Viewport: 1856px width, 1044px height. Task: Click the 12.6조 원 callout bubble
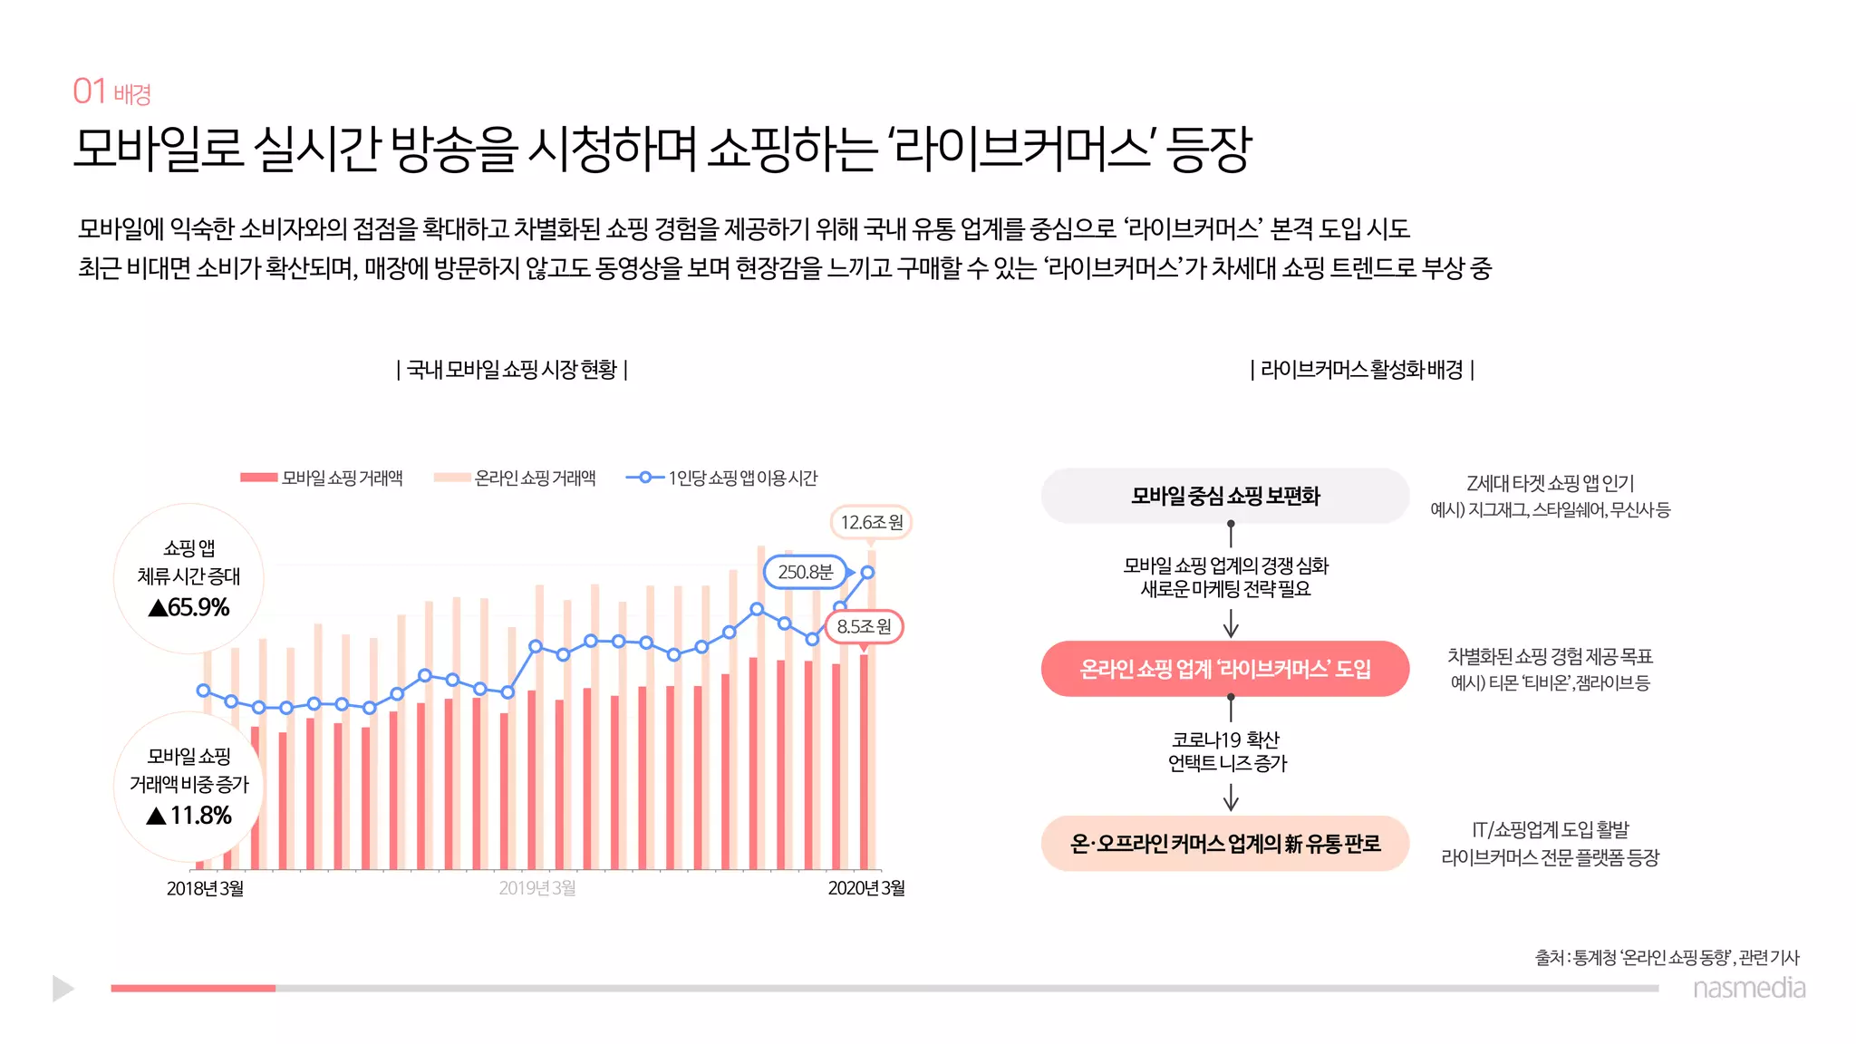tap(871, 522)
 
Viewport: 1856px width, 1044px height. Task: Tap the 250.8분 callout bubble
tap(805, 572)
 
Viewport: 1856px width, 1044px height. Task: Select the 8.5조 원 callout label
tap(864, 626)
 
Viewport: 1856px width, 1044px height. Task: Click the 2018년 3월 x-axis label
tap(205, 888)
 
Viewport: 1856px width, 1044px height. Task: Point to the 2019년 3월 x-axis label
tap(537, 888)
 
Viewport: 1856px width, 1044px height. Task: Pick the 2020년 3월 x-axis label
tap(866, 888)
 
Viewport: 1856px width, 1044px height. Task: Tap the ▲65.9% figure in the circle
tap(189, 607)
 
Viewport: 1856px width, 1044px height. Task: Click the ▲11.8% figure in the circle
tap(189, 816)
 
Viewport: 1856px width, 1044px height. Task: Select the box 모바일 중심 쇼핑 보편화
tap(1225, 496)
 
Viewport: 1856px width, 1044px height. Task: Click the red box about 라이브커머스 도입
tap(1225, 669)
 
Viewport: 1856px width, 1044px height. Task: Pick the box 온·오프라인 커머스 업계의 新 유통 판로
tap(1225, 844)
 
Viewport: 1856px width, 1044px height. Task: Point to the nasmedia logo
tap(1749, 988)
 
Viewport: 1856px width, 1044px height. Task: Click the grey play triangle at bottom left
tap(63, 988)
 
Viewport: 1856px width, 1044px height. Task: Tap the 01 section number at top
tap(90, 92)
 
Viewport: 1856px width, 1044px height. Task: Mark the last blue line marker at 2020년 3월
tap(867, 572)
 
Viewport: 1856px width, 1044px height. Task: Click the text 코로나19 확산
tap(1225, 739)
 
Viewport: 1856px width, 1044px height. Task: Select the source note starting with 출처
tap(1667, 957)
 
